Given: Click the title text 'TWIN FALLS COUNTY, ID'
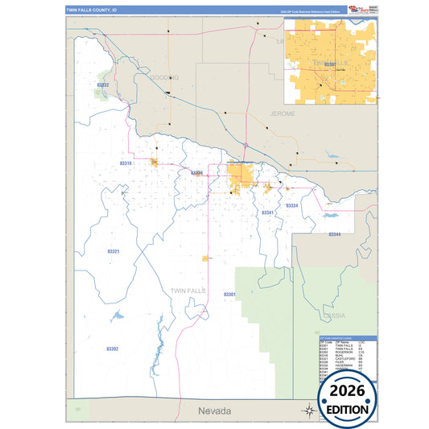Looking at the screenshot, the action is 91,11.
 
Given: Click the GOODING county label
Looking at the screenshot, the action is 163,77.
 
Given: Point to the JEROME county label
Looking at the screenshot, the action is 283,114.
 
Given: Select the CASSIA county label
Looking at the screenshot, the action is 334,315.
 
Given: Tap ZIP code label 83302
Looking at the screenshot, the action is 112,349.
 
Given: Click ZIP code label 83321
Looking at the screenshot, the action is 113,252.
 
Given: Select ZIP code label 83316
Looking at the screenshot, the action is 126,163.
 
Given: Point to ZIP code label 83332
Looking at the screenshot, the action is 102,84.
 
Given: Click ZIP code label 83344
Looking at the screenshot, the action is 334,234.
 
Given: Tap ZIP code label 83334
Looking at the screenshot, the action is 291,206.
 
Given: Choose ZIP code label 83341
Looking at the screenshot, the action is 268,212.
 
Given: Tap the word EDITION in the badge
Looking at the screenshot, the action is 347,408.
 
